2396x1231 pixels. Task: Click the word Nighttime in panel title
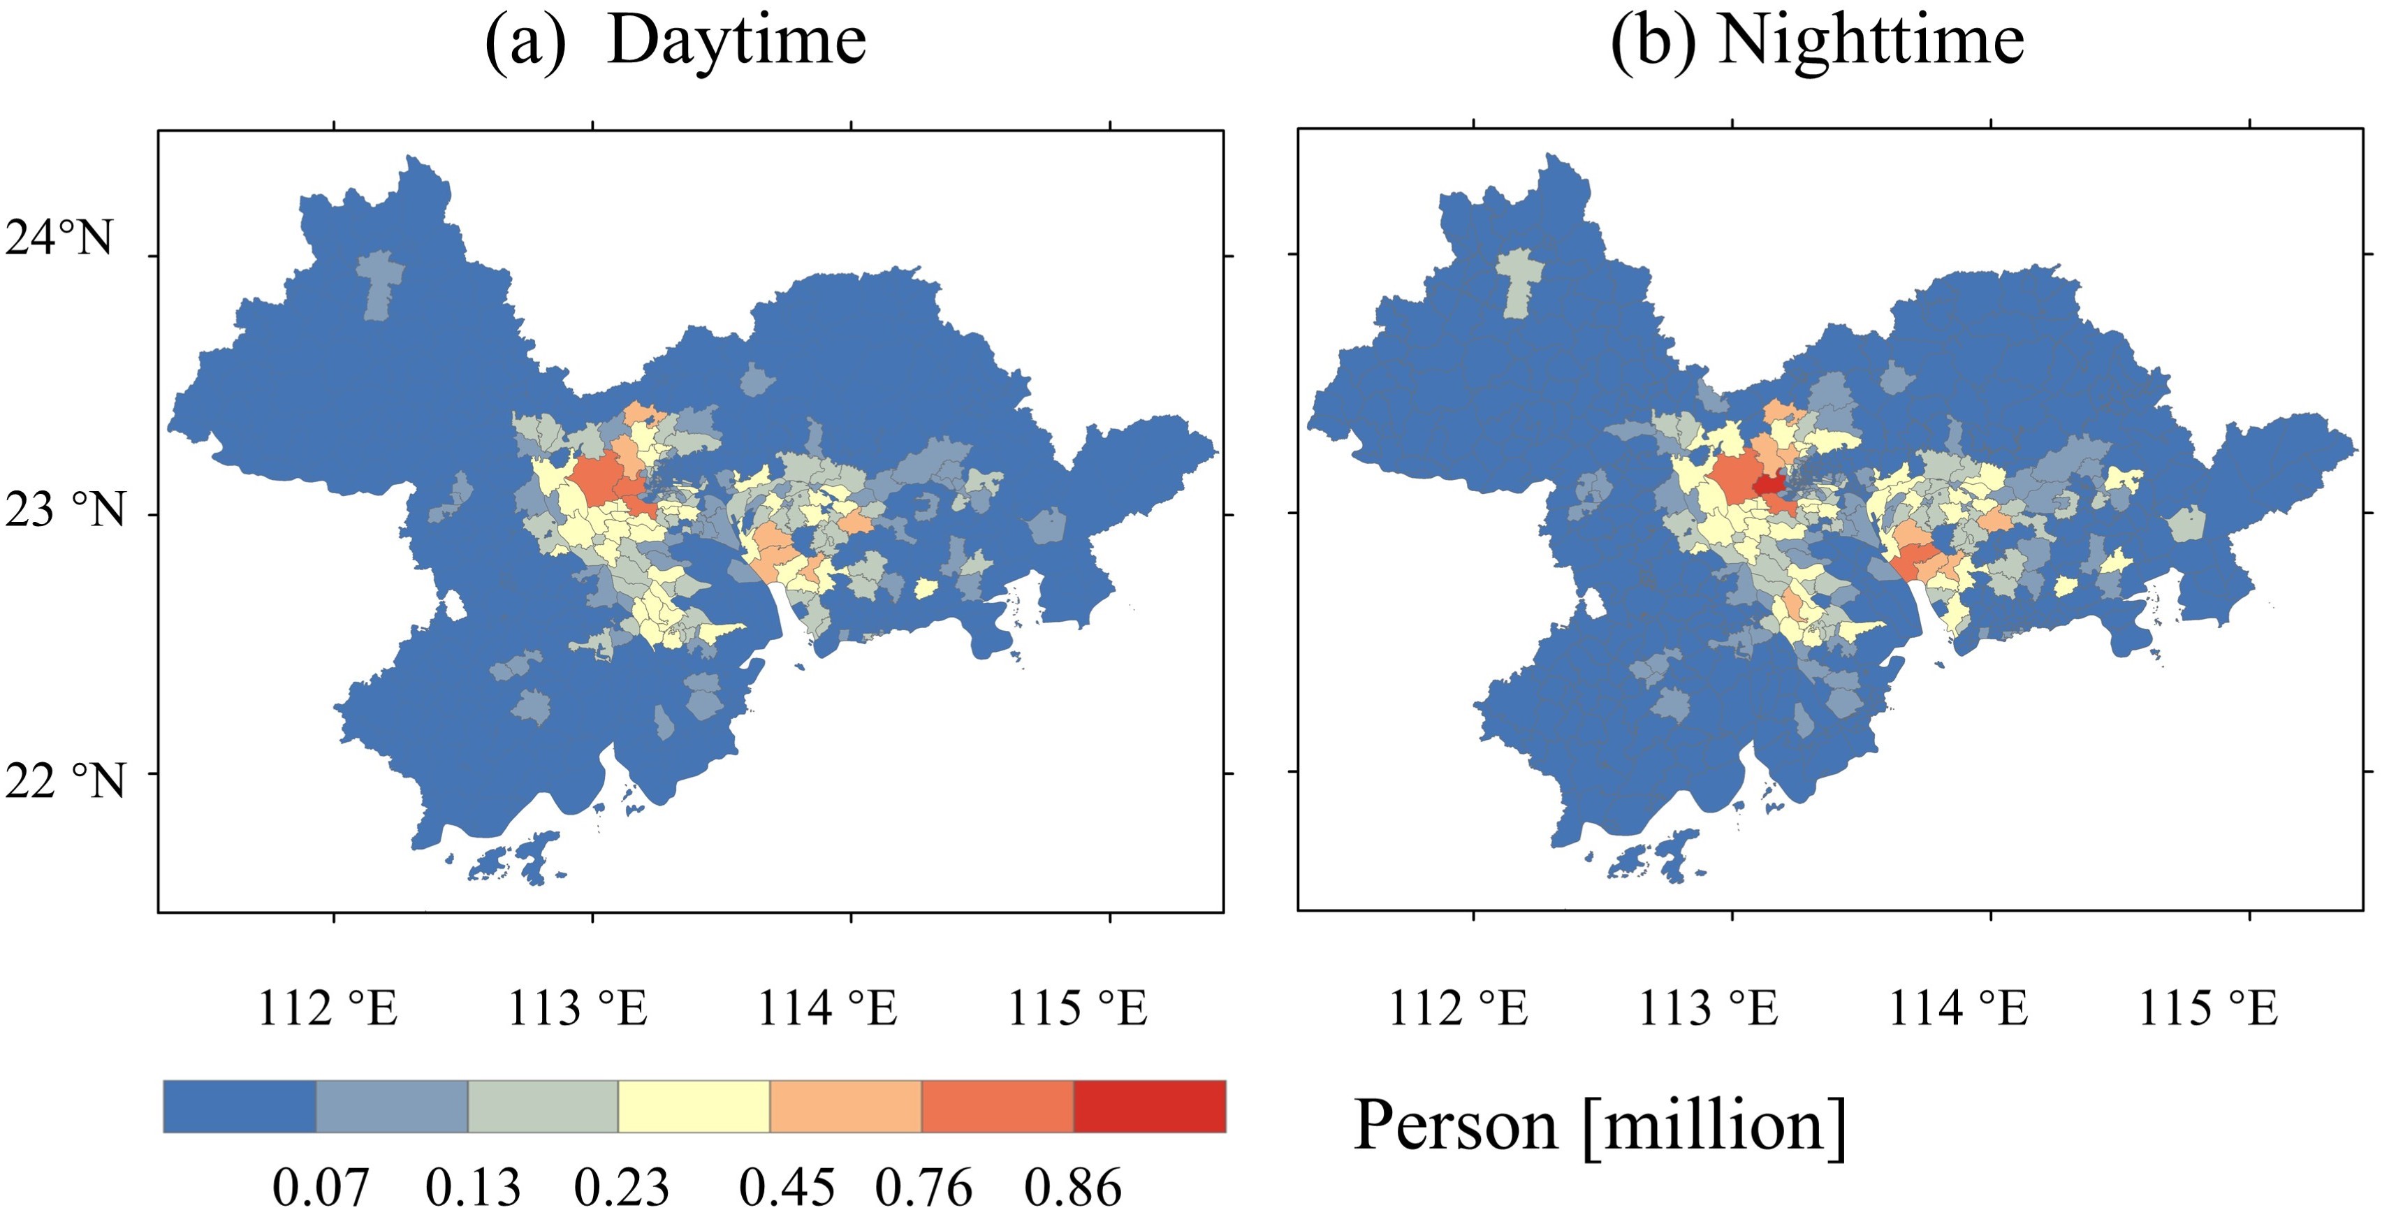tap(1871, 42)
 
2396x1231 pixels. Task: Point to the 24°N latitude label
tap(59, 238)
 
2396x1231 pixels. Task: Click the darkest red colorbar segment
tap(1150, 1107)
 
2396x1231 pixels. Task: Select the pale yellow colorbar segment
tap(694, 1107)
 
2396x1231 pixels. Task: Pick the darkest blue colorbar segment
tap(240, 1107)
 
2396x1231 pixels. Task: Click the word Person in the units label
tap(1454, 1126)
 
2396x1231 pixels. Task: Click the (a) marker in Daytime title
tap(525, 42)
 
